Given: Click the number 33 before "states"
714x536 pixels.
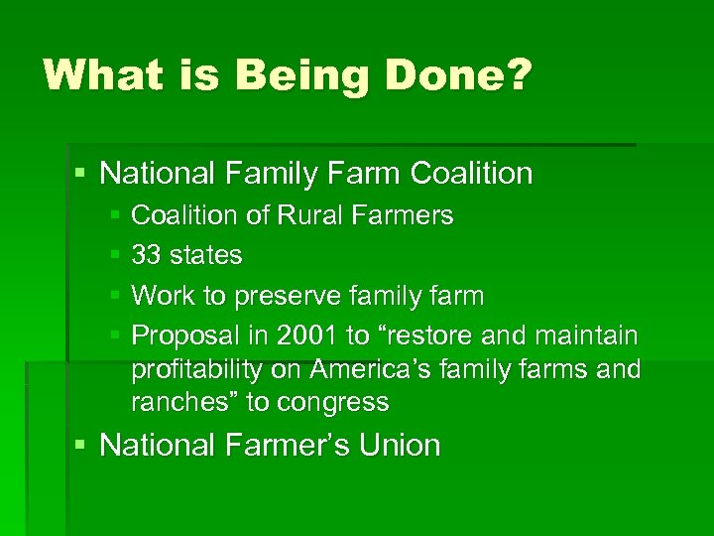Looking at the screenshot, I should point(147,255).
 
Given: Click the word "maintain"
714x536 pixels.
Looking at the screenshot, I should point(586,335).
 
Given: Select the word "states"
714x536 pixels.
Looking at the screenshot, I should point(205,255).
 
